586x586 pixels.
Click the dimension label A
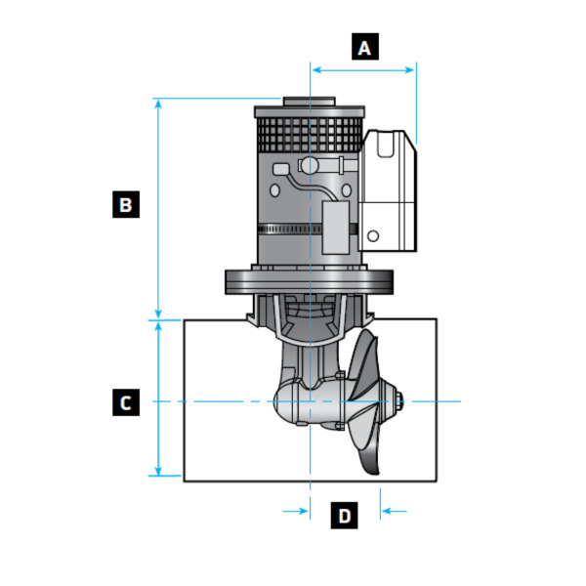[365, 47]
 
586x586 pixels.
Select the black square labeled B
[125, 205]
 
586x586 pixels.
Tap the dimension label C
[125, 401]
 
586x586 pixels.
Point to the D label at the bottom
[344, 515]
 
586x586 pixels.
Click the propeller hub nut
[398, 398]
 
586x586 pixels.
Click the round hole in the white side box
[372, 235]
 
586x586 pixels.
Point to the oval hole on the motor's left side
[282, 169]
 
